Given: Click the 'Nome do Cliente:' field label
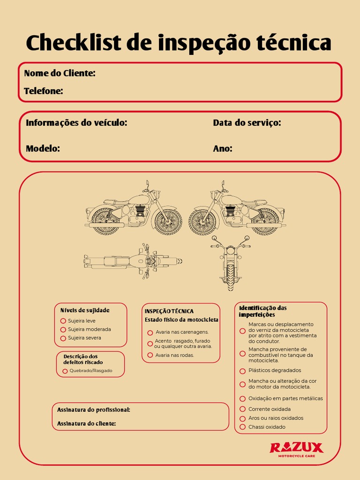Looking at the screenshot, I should pyautogui.click(x=60, y=73).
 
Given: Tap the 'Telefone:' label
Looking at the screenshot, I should pyautogui.click(x=44, y=91).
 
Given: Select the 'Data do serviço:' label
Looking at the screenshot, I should pyautogui.click(x=247, y=123).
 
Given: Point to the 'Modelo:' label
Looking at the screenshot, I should pyautogui.click(x=43, y=149).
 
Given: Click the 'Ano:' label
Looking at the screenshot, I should pyautogui.click(x=223, y=149).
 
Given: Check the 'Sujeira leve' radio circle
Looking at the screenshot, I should pyautogui.click(x=63, y=321).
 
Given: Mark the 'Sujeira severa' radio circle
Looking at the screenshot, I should pyautogui.click(x=63, y=338).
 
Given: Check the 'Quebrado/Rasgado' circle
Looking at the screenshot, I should pyautogui.click(x=65, y=371).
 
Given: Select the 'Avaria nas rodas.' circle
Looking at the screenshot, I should pyautogui.click(x=150, y=355).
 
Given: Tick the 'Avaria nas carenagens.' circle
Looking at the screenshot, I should pyautogui.click(x=150, y=332).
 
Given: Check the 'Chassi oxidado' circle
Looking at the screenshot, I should pyautogui.click(x=242, y=427).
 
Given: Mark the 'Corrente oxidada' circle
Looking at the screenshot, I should pyautogui.click(x=242, y=409).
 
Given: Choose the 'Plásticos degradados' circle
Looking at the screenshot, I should pyautogui.click(x=242, y=371).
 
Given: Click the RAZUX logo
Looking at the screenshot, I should pyautogui.click(x=296, y=449).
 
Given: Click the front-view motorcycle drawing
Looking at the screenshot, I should pyautogui.click(x=230, y=262).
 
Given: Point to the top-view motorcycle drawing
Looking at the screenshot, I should pyautogui.click(x=133, y=261).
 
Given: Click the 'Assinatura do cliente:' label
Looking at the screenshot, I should pyautogui.click(x=86, y=424).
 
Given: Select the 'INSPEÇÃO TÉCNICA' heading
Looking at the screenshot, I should pyautogui.click(x=169, y=311).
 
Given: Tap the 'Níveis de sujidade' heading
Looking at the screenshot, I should pyautogui.click(x=85, y=310).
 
